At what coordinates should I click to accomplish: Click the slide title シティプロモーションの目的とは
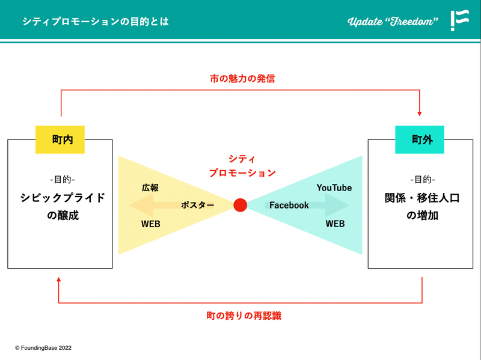tap(96, 22)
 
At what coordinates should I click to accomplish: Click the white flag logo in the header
tap(460, 20)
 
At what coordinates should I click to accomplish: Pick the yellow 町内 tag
tap(60, 139)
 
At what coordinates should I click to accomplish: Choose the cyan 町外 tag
tap(419, 139)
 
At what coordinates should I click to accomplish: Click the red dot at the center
tap(240, 205)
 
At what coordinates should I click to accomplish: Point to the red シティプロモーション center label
tap(242, 166)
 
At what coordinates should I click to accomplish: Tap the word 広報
tap(150, 188)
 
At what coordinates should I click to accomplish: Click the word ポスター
tap(198, 205)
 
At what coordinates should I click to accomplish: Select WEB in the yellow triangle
tap(150, 224)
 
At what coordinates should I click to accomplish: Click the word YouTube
tap(334, 188)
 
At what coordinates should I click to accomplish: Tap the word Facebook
tap(289, 205)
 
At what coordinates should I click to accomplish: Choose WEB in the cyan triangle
tap(335, 224)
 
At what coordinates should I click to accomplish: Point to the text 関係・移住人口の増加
tap(422, 206)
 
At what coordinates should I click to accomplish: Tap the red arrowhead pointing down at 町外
tap(420, 112)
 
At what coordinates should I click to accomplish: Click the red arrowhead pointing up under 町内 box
tap(58, 280)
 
